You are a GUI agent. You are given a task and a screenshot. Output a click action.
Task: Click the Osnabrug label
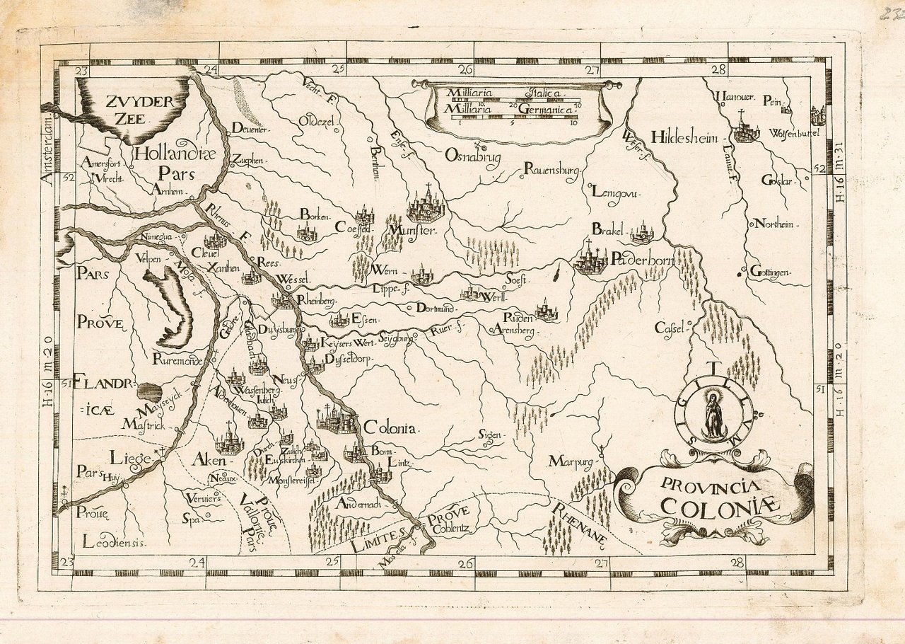tap(472, 156)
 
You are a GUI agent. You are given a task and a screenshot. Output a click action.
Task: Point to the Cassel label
tap(671, 328)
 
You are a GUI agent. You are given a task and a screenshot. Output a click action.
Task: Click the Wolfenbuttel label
tap(794, 132)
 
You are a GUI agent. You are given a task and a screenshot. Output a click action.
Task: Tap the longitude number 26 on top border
tap(465, 69)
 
